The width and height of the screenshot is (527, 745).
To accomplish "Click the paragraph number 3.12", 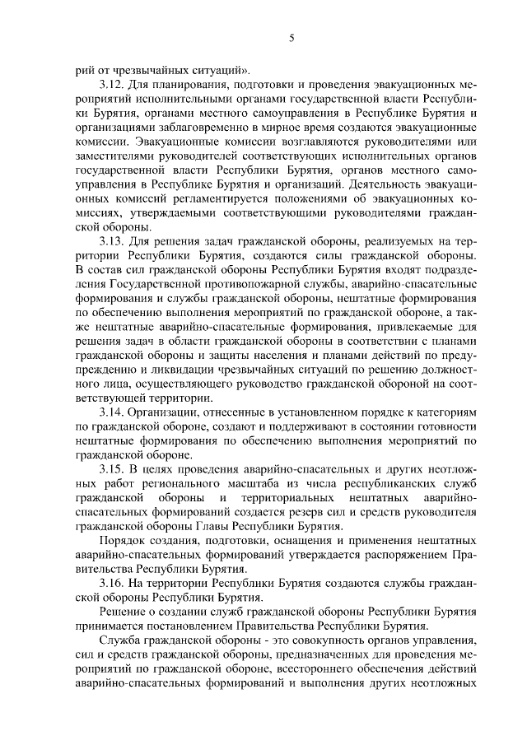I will (111, 85).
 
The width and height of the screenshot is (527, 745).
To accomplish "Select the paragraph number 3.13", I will (111, 240).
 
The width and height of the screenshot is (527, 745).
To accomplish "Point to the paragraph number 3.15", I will (111, 469).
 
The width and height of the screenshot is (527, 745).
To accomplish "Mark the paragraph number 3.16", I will (111, 584).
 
